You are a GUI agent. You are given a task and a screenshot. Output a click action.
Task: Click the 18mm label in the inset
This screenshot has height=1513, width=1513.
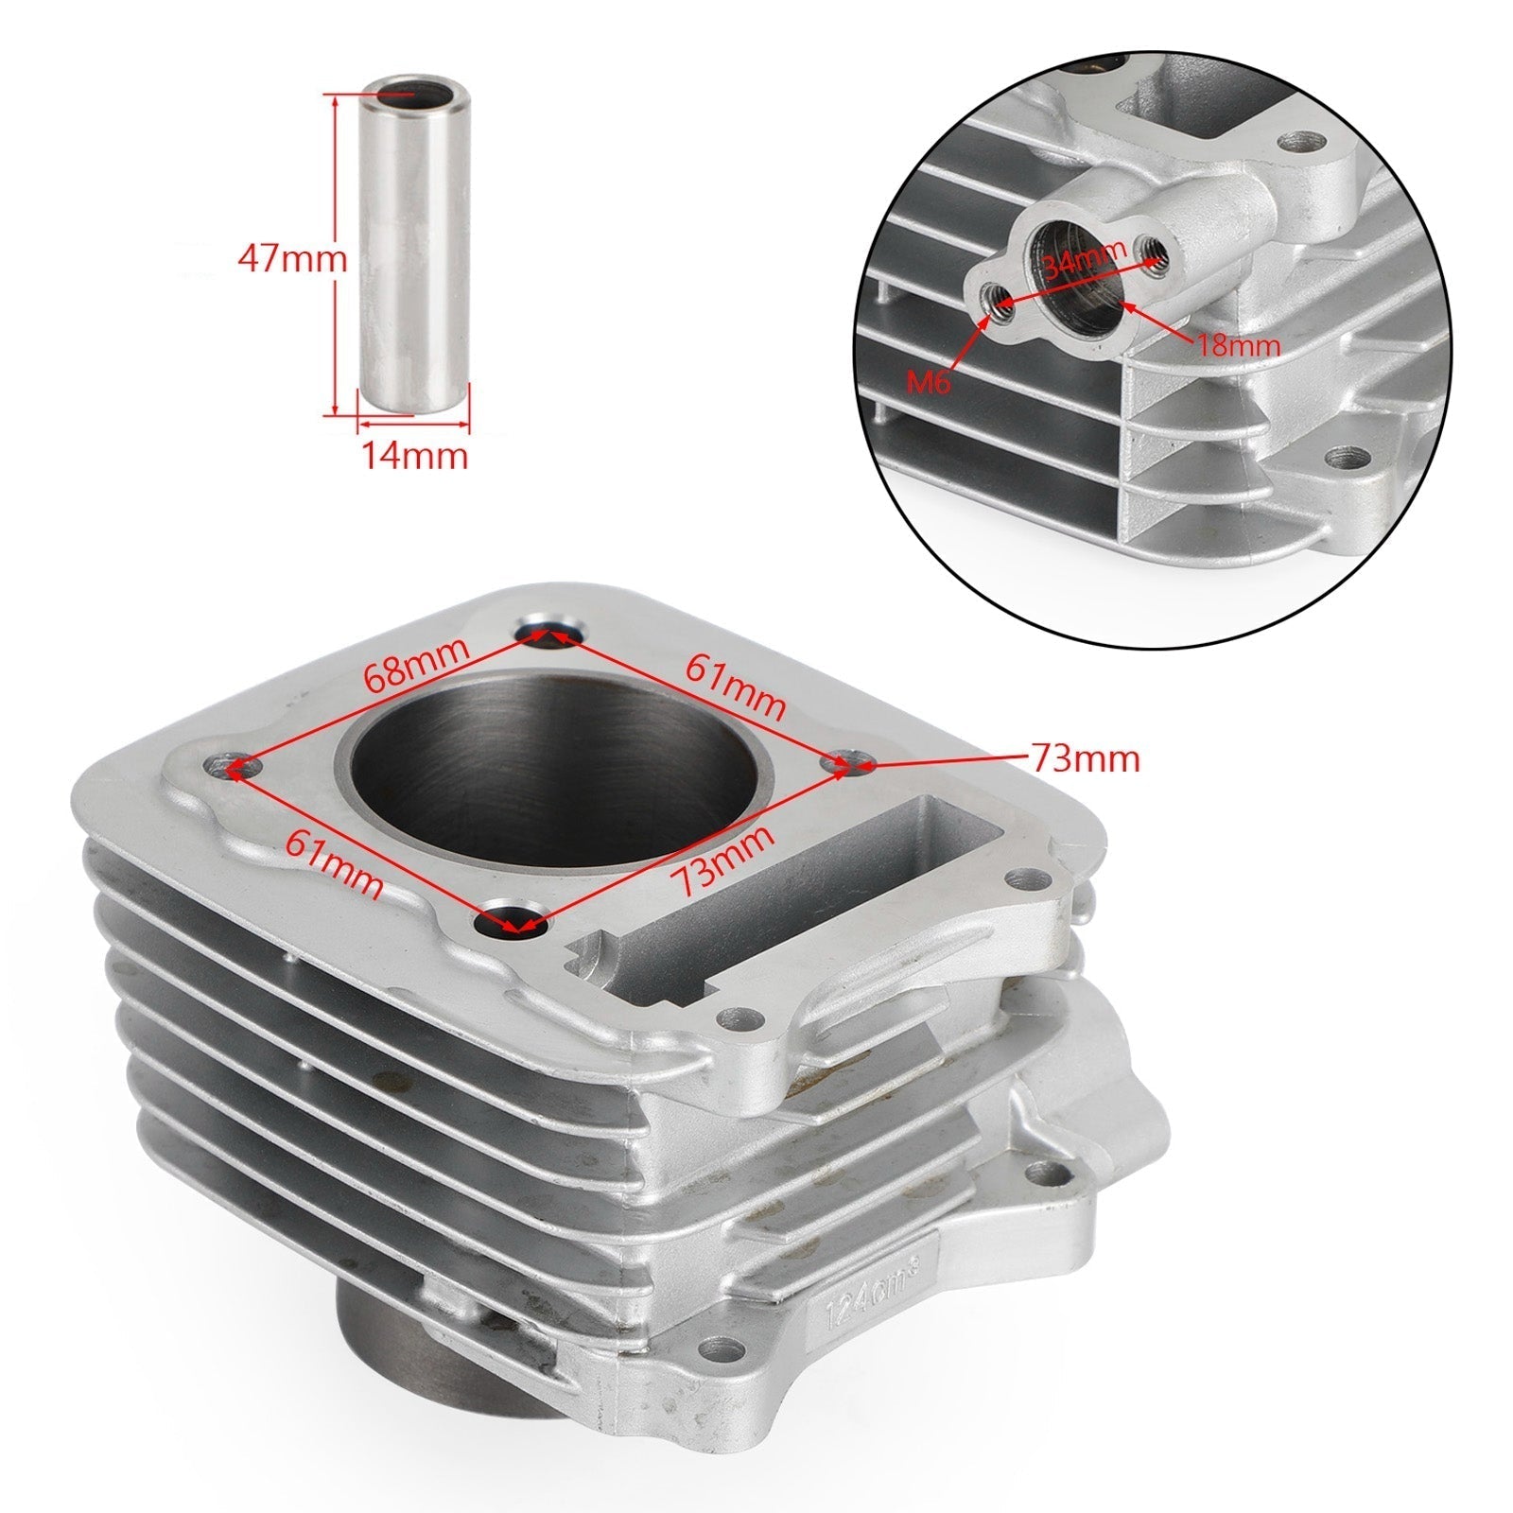point(1239,344)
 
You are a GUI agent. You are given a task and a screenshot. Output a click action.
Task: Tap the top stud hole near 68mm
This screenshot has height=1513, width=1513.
point(551,634)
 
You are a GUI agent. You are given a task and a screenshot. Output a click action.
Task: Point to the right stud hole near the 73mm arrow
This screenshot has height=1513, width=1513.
point(844,762)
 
